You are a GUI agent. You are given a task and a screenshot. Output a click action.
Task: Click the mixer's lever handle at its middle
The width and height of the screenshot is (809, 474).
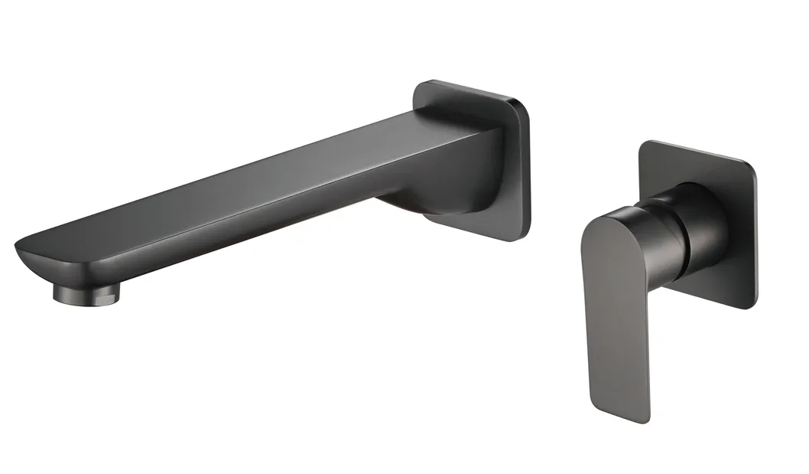(612, 306)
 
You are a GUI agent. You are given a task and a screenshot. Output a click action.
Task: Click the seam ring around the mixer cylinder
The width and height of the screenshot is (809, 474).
(683, 230)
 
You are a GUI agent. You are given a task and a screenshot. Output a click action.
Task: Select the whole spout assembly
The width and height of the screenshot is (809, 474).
(275, 191)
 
